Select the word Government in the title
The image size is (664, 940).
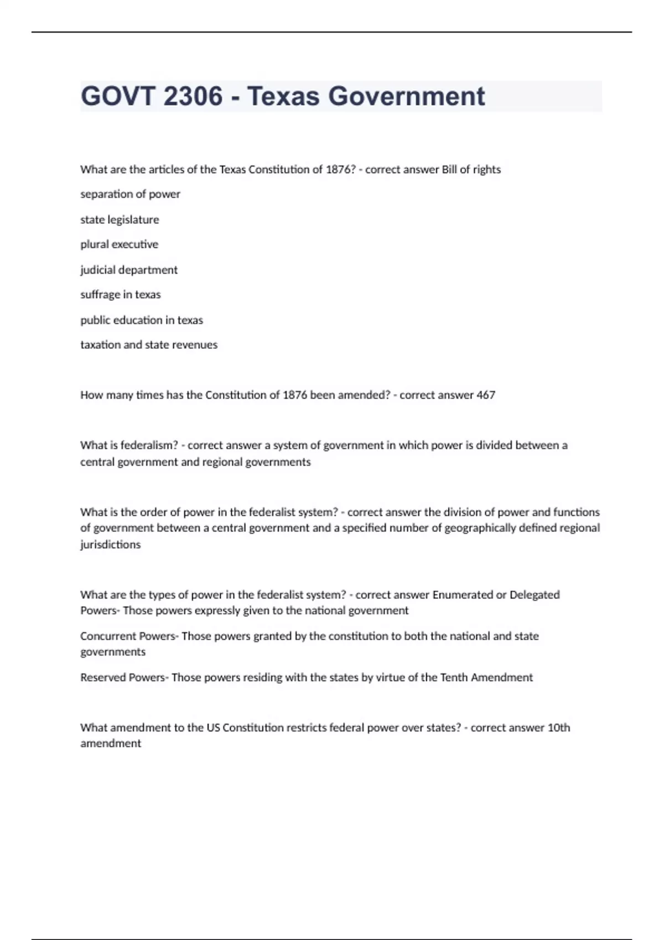click(x=407, y=96)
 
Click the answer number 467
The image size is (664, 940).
click(x=486, y=395)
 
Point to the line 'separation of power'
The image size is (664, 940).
click(x=130, y=194)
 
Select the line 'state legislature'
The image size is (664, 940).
click(x=120, y=220)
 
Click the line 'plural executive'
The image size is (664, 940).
click(x=119, y=244)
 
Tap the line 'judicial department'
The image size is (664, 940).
click(x=129, y=270)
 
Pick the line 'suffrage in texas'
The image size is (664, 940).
click(x=121, y=295)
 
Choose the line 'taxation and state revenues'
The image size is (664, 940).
click(x=149, y=345)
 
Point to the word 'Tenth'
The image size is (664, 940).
click(x=454, y=677)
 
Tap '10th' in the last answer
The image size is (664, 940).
click(x=559, y=728)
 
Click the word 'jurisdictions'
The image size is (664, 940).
click(x=111, y=545)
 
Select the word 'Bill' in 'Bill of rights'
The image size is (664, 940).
click(x=449, y=170)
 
